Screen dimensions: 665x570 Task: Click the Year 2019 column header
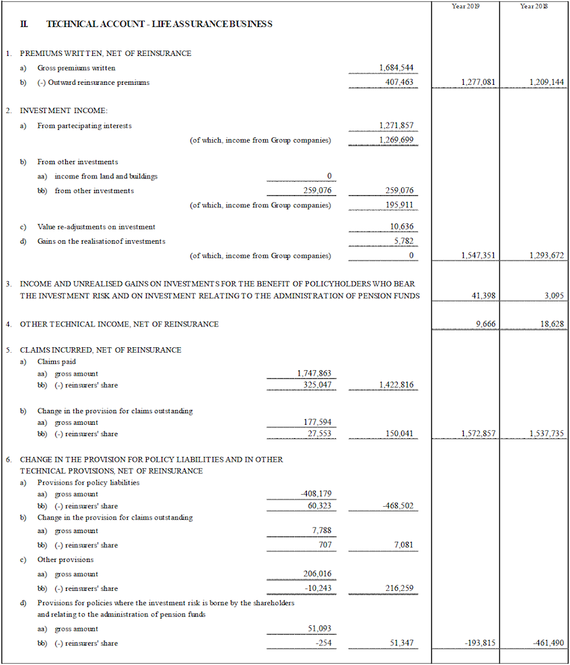click(x=465, y=6)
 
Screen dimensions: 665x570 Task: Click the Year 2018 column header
click(x=534, y=6)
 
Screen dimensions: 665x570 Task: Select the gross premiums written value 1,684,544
click(x=396, y=68)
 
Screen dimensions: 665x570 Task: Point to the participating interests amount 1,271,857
click(x=396, y=126)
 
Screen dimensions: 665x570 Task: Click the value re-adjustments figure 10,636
click(x=402, y=227)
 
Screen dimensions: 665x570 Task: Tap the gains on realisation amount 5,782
click(x=404, y=241)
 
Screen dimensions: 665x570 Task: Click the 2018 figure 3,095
click(x=554, y=296)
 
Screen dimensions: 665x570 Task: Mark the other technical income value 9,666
click(x=485, y=324)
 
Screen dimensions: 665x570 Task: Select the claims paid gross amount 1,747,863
click(x=314, y=374)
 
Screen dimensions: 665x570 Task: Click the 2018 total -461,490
click(x=548, y=643)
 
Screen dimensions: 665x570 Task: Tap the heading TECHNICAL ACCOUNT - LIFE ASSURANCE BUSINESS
click(x=159, y=24)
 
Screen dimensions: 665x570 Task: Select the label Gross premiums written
click(x=76, y=68)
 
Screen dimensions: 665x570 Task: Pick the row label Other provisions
click(x=65, y=559)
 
